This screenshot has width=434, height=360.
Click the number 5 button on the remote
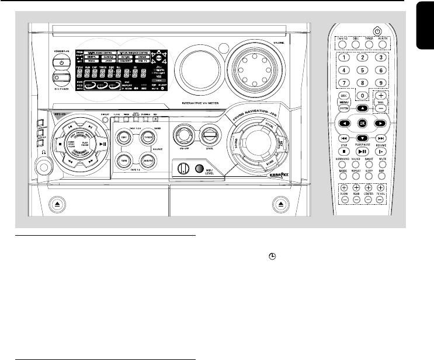pyautogui.click(x=362, y=70)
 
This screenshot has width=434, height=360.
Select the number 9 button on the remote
pyautogui.click(x=381, y=82)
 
